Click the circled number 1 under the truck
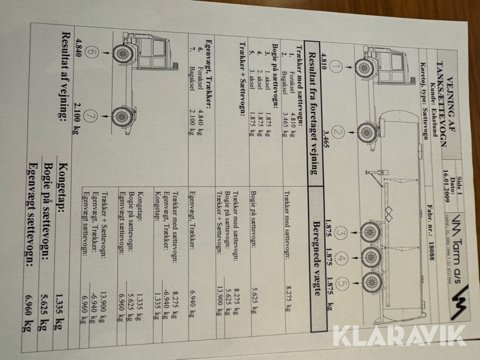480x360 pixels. click(x=335, y=67)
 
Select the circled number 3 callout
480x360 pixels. click(x=341, y=233)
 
